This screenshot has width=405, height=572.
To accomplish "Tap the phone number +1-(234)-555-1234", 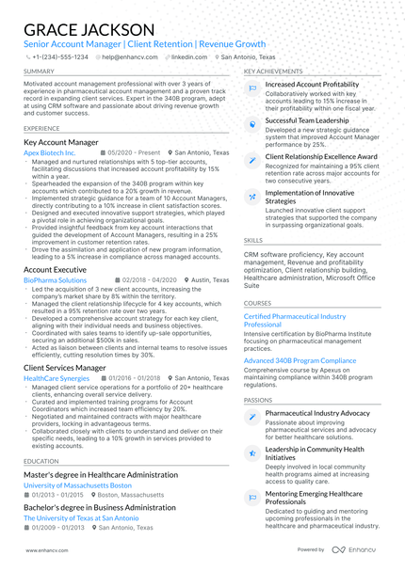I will click(x=60, y=56).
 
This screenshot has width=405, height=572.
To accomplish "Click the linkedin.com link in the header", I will click(x=190, y=56).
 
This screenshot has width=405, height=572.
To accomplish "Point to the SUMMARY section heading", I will click(x=39, y=71).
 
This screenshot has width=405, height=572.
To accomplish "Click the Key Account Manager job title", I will click(x=60, y=142).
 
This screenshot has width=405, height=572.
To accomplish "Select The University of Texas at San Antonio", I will click(x=81, y=517).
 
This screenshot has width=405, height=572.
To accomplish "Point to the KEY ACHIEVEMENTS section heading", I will click(x=273, y=71).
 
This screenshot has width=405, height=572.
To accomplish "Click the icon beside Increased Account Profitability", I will click(x=252, y=87).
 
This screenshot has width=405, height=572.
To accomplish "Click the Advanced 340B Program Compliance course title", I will click(x=300, y=360).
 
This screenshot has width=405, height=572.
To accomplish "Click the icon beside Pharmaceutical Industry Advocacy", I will click(x=252, y=416).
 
